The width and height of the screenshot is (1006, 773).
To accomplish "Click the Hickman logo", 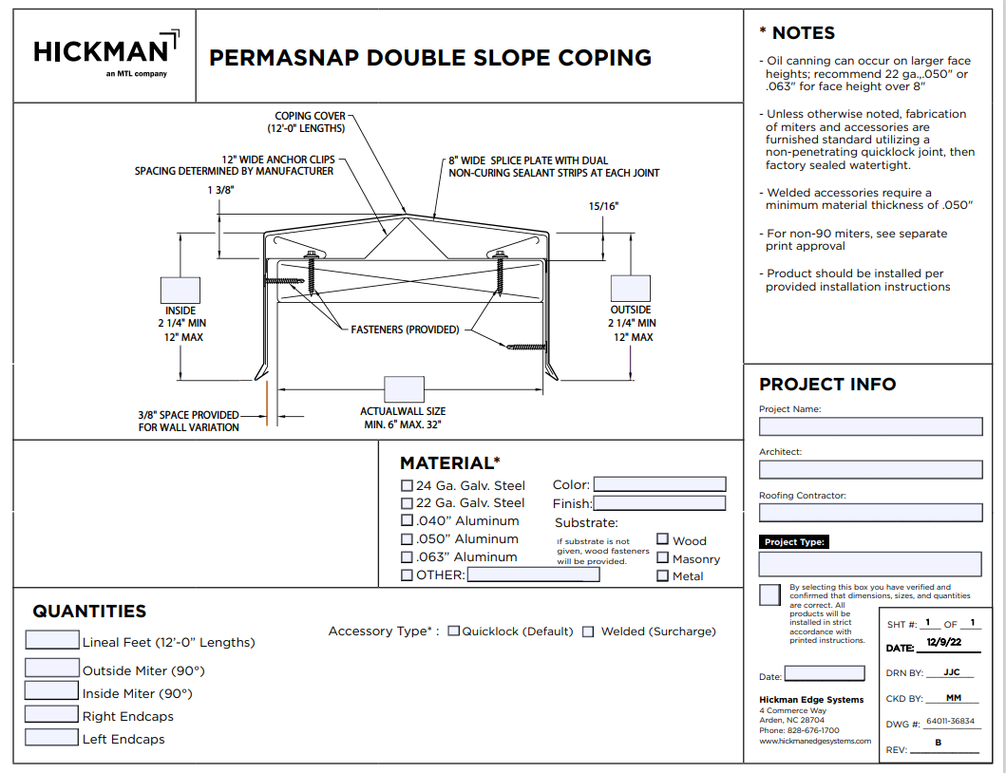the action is pos(106,54).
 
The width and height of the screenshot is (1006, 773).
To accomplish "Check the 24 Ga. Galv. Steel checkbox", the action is pos(407,485).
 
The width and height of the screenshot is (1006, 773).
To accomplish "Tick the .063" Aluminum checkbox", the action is pos(407,556).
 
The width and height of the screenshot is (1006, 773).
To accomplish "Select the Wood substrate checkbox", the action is pos(663,539).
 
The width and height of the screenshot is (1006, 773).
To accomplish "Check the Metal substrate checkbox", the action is pos(663,575).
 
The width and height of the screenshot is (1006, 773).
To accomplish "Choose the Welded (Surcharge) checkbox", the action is pos(588,632).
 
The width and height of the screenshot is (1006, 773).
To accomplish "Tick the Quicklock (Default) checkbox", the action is pos(453,632).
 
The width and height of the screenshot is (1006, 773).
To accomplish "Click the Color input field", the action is pos(659,484).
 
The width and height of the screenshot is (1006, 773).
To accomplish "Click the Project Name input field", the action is pos(870,426).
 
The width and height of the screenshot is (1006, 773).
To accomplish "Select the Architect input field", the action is pos(870,469).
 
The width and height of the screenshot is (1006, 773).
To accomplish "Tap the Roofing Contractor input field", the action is pos(870,513).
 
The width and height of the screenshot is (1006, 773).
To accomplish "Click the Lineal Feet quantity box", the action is pos(52,639).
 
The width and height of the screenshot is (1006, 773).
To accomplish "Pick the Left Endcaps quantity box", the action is pos(52,737).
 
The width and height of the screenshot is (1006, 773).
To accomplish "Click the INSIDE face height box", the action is pos(180,290).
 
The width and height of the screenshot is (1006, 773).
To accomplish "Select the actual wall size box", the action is pos(404,389).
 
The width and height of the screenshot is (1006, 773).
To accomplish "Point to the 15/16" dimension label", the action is pos(604,207).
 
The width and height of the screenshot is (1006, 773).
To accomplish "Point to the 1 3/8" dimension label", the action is pos(220,191).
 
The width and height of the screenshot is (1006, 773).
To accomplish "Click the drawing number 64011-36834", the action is pos(950,721).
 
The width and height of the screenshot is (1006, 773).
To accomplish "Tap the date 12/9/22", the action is pos(944,642).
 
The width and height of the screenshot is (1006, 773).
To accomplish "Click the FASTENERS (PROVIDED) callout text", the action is pos(405,330).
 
